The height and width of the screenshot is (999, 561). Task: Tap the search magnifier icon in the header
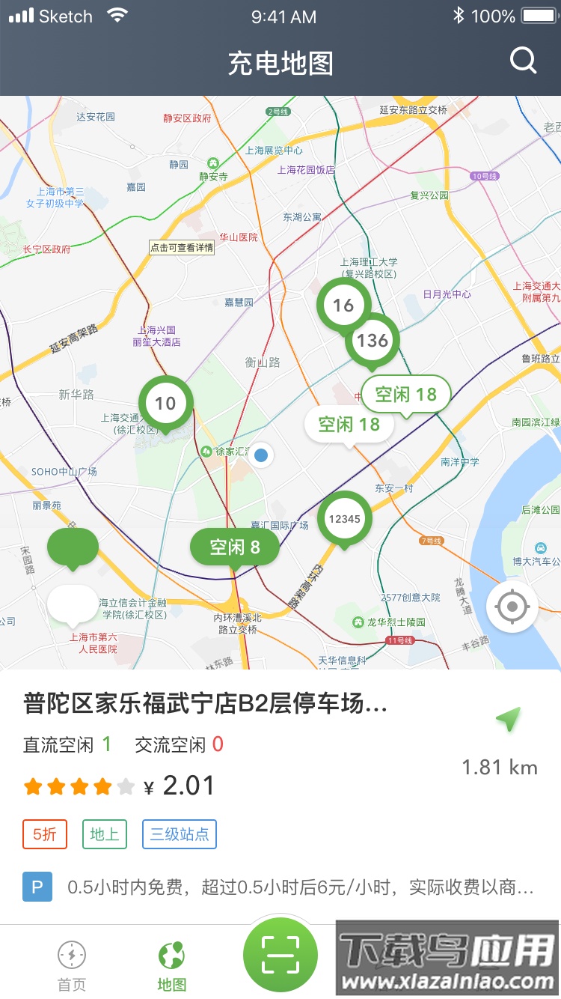tap(524, 60)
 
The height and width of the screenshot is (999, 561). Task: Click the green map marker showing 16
tap(343, 305)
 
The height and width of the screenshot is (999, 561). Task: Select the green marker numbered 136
tap(372, 341)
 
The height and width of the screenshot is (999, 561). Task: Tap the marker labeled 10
tap(165, 403)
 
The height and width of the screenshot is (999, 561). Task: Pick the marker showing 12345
tap(344, 518)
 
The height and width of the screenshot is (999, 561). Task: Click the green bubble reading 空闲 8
tap(235, 547)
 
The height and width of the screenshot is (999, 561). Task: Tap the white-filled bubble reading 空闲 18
tap(349, 425)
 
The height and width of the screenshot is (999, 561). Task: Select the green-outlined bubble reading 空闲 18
tap(405, 394)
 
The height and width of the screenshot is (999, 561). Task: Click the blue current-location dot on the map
tap(261, 455)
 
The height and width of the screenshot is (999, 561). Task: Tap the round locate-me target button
tap(512, 607)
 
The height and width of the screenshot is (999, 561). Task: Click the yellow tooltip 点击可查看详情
tap(182, 248)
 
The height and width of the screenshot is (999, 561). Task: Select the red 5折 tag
tap(45, 834)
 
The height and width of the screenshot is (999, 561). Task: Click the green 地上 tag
tap(105, 834)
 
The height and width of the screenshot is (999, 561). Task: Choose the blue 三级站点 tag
tap(180, 834)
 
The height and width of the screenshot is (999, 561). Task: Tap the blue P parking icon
tap(37, 887)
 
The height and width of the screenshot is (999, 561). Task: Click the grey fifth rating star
tap(126, 786)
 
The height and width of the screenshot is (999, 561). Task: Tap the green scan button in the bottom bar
tap(280, 955)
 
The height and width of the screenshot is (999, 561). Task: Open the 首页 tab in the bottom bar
tap(72, 965)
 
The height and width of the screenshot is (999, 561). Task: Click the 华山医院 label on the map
tap(238, 237)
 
